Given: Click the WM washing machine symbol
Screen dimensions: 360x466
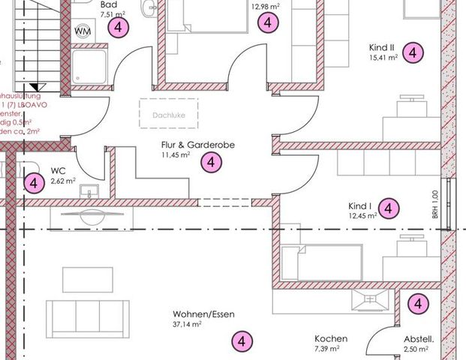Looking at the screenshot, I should pyautogui.click(x=83, y=31).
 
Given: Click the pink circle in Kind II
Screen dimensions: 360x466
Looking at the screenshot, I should pyautogui.click(x=412, y=52).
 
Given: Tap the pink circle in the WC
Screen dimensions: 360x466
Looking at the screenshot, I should pyautogui.click(x=32, y=182).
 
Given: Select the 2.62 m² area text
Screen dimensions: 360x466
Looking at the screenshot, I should pyautogui.click(x=63, y=181).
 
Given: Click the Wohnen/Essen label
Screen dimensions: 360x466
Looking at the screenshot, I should pyautogui.click(x=197, y=314).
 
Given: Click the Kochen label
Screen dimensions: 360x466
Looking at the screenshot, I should pyautogui.click(x=331, y=338).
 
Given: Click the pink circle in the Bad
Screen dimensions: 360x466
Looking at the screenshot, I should pyautogui.click(x=118, y=28).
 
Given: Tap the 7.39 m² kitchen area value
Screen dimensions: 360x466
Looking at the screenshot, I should pyautogui.click(x=327, y=349).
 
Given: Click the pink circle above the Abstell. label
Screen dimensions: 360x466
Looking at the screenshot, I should pyautogui.click(x=417, y=304).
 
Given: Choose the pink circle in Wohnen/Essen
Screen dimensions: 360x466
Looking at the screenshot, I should pyautogui.click(x=241, y=340).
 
